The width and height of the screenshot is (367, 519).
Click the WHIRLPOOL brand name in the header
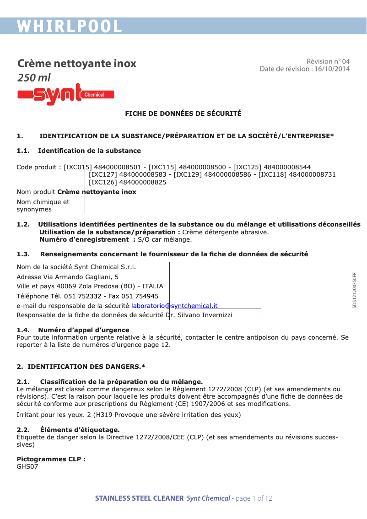(x=70, y=27)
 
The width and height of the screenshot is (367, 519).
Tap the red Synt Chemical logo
(x=65, y=94)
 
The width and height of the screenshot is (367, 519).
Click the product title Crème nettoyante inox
(x=76, y=63)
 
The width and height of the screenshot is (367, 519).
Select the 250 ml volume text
(x=33, y=78)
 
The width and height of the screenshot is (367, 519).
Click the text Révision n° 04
(x=328, y=61)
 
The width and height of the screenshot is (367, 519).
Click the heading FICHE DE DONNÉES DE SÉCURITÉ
(x=183, y=114)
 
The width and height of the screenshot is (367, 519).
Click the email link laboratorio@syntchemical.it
(x=174, y=306)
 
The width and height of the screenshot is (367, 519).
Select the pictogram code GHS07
(x=27, y=466)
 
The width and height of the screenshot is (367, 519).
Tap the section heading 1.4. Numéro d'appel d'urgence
(x=73, y=330)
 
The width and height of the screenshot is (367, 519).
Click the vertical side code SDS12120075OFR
(x=354, y=291)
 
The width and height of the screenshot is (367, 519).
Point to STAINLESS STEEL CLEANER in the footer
(x=139, y=498)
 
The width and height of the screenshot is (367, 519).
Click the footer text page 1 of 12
(x=254, y=498)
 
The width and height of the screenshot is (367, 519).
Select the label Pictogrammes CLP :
(x=51, y=459)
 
